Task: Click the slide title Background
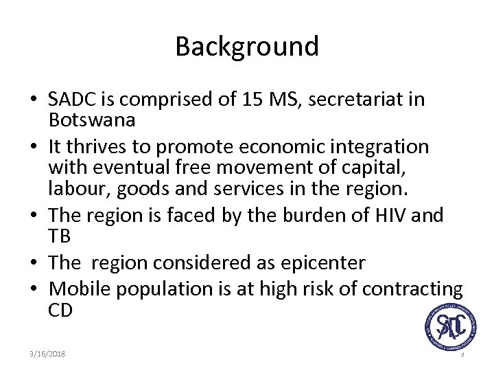(247, 47)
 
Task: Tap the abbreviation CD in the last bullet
(60, 309)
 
